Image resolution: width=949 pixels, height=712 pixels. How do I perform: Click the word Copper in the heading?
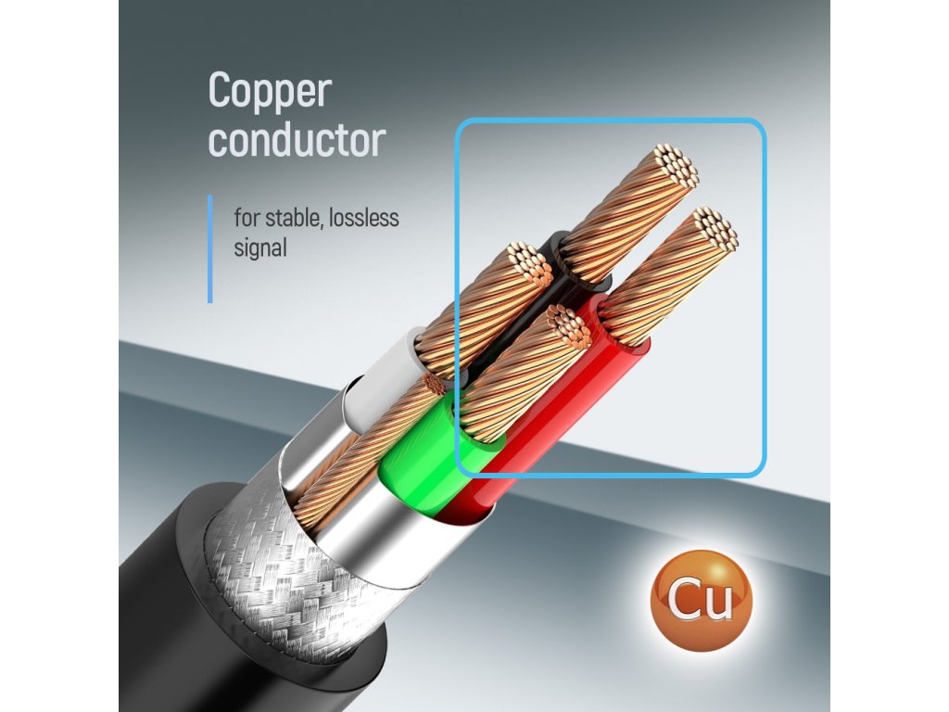pyautogui.click(x=270, y=93)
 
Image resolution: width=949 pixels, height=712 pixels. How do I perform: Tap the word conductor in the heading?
pyautogui.click(x=297, y=141)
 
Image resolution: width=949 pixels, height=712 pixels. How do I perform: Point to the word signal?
pyautogui.click(x=260, y=248)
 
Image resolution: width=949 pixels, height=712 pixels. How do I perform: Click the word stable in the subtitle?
pyautogui.click(x=288, y=220)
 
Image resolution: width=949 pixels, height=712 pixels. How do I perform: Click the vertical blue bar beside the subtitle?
pyautogui.click(x=210, y=248)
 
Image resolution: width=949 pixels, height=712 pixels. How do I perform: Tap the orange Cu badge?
pyautogui.click(x=701, y=600)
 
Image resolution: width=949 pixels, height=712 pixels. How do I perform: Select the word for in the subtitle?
pyautogui.click(x=246, y=220)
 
